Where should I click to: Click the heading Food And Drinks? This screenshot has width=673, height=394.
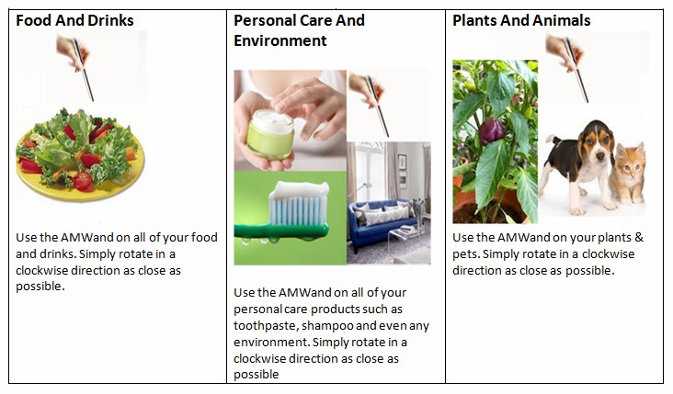coord(74,21)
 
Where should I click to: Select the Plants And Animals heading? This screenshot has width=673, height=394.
coord(521,21)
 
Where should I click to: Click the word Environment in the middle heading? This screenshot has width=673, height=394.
coord(279,41)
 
